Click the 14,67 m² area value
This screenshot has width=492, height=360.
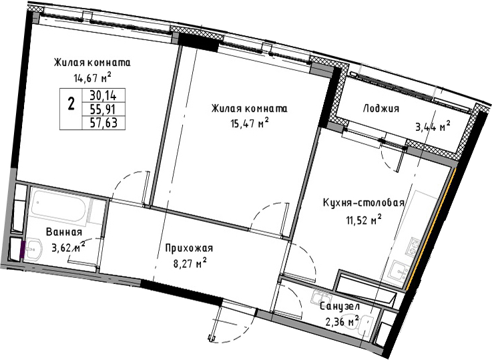click(93, 77)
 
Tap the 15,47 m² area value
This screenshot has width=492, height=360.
click(250, 124)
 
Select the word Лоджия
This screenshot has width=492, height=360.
click(381, 109)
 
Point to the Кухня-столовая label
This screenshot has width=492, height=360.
click(363, 203)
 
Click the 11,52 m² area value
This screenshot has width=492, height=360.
click(364, 220)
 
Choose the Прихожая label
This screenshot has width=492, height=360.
click(189, 248)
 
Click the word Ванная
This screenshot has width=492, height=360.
click(64, 232)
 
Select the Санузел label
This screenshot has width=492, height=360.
click(340, 307)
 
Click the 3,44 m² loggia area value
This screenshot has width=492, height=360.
click(433, 127)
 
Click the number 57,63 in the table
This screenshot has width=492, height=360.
click(103, 123)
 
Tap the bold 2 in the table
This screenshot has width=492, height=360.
click(71, 104)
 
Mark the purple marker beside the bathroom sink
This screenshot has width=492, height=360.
click(23, 249)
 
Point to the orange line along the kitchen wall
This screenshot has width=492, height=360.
click(430, 228)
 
